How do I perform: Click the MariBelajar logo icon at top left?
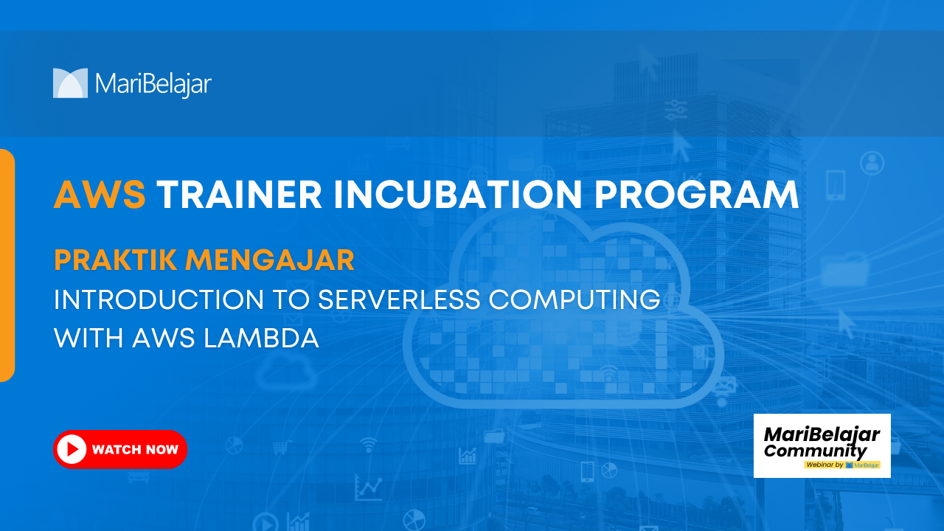[x=70, y=83]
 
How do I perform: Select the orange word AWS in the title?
[x=100, y=195]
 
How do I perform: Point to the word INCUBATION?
[x=458, y=195]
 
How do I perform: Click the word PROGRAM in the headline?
[x=697, y=195]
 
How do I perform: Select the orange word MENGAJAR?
[x=270, y=260]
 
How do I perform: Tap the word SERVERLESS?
[x=399, y=299]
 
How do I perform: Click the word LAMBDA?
[x=261, y=339]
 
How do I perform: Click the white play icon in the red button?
[x=72, y=449]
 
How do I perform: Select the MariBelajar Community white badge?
[x=822, y=446]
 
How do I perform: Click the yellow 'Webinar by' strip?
[x=842, y=465]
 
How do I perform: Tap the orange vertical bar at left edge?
[x=7, y=265]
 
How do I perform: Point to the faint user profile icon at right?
[x=872, y=163]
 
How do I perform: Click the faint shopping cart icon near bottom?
[x=282, y=447]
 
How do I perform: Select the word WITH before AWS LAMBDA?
[x=88, y=339]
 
